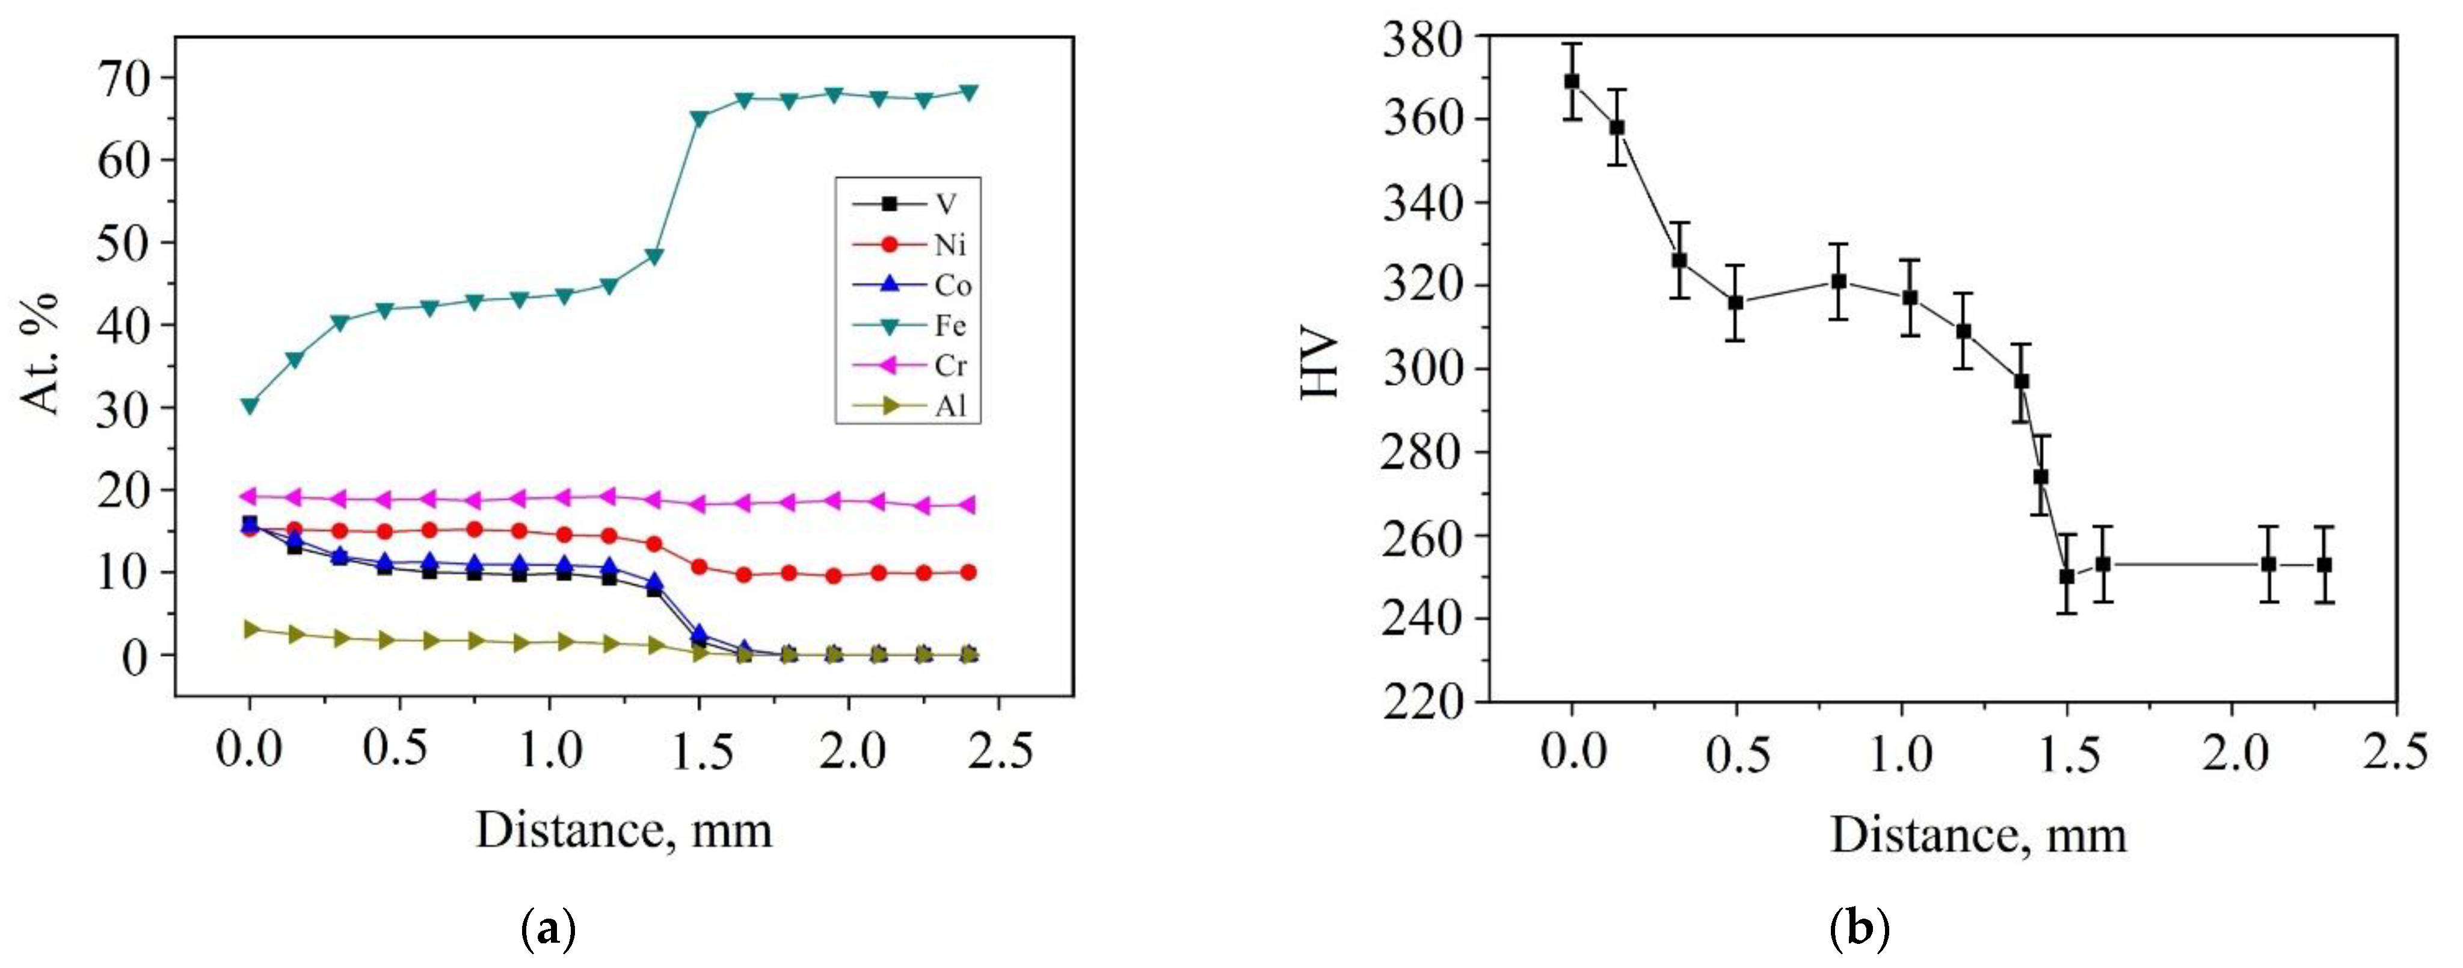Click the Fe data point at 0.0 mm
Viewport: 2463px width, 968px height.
(250, 406)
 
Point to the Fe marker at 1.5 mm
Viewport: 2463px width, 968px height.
(699, 119)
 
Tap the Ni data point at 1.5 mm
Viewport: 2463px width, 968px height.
(699, 566)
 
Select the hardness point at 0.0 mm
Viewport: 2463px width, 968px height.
(1572, 81)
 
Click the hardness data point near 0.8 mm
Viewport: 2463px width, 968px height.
(1837, 281)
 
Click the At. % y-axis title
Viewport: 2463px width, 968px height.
(40, 354)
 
